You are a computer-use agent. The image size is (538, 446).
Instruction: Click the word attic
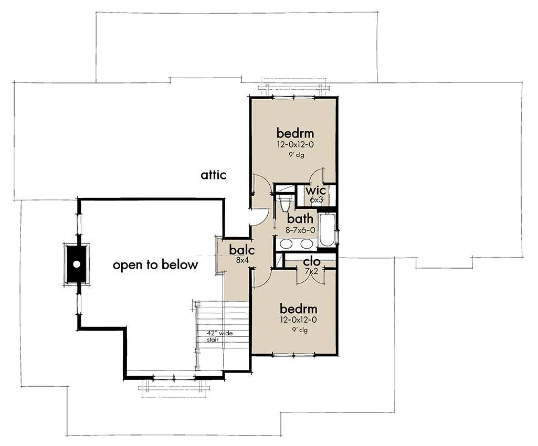pos(214,175)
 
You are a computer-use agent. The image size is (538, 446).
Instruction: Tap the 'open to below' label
pos(155,265)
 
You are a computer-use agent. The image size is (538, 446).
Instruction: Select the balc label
pos(242,250)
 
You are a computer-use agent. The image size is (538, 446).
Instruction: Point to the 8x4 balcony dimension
pos(242,260)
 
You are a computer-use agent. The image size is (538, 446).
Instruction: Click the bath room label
pos(300,218)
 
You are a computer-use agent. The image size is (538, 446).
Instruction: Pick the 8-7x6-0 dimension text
pos(300,230)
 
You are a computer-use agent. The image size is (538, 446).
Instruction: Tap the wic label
pos(315,190)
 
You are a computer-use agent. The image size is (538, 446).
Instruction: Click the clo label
pos(312,262)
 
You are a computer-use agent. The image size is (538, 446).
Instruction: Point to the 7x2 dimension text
pos(312,271)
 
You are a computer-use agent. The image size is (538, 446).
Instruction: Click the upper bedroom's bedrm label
pos(295,133)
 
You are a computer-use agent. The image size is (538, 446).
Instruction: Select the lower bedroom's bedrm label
pos(299,309)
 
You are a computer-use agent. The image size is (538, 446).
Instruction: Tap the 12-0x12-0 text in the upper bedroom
pos(296,144)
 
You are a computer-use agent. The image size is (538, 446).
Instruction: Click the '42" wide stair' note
pos(219,336)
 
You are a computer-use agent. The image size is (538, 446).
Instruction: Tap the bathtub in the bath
pos(327,230)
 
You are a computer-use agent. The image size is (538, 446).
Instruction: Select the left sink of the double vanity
pos(286,244)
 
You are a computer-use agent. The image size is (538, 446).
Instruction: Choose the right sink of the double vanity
pos(307,244)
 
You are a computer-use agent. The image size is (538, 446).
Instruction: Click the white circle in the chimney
pos(77,264)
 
